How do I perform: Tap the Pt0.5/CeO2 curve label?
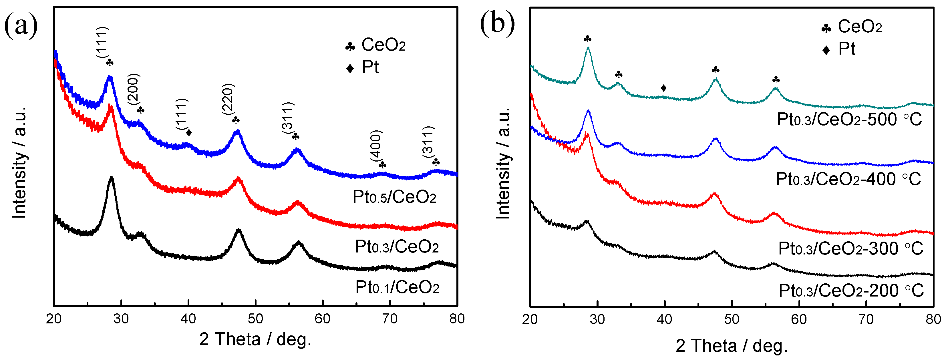pos(394,197)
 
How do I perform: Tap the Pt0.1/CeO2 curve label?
pos(397,287)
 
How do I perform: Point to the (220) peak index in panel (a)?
pos(228,99)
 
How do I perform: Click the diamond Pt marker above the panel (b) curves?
pos(663,88)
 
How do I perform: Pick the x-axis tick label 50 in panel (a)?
pos(255,319)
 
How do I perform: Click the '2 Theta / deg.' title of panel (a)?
pos(255,339)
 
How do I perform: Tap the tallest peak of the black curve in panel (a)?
pos(111,178)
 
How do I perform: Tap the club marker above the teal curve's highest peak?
pos(588,39)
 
